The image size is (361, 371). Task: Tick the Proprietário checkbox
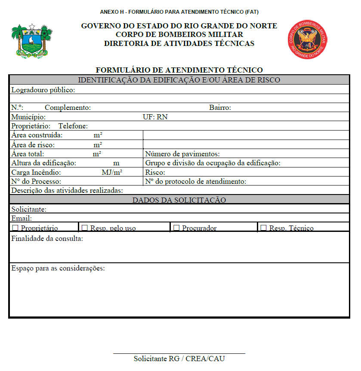[x=15, y=228]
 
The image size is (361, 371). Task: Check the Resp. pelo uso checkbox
[x=85, y=228]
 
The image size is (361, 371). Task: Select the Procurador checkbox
[x=176, y=228]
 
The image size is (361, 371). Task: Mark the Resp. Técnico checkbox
[x=263, y=228]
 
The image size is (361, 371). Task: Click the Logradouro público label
[x=43, y=90]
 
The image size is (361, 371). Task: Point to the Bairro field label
[x=220, y=108]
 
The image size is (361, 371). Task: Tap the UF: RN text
[x=155, y=117]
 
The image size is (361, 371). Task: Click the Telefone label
[x=73, y=126]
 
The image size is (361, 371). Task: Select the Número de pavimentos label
[x=182, y=154]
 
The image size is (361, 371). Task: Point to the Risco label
[x=155, y=173]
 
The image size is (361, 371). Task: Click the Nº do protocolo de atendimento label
[x=196, y=182]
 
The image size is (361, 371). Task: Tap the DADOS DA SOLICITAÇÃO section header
[x=179, y=200]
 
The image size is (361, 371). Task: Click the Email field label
[x=22, y=219]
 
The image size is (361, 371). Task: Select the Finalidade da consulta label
[x=47, y=238]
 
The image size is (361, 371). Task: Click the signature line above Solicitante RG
[x=179, y=353]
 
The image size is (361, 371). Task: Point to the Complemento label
[x=68, y=108]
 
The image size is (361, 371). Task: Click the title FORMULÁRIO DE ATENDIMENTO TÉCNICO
[x=179, y=70]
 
